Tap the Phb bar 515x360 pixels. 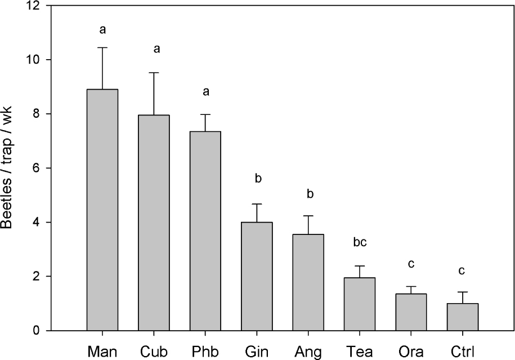[x=205, y=231]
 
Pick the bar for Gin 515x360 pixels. [x=257, y=276]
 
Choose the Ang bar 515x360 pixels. [x=308, y=282]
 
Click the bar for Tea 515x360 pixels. [x=360, y=304]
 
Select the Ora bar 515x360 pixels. [x=411, y=312]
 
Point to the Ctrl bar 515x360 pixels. [x=462, y=317]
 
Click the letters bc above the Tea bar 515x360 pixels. [x=360, y=243]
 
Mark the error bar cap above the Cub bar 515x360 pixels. [x=154, y=73]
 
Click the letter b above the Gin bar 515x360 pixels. [x=257, y=179]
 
